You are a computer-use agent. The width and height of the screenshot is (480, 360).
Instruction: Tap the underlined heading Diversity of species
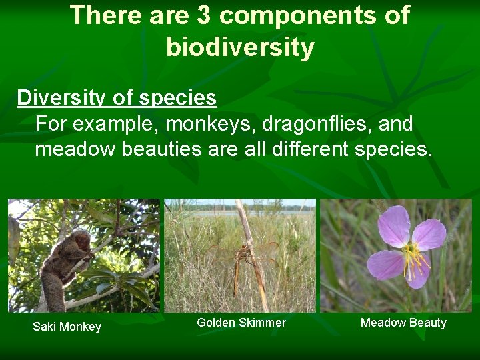pyautogui.click(x=117, y=98)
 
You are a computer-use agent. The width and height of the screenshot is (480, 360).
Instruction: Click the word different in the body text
pyautogui.click(x=309, y=149)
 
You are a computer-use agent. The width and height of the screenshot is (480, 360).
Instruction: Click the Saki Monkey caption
pyautogui.click(x=67, y=327)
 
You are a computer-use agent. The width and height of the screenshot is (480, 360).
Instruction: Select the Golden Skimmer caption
pyautogui.click(x=241, y=323)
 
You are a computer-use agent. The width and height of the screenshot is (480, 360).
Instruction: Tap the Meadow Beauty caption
pyautogui.click(x=403, y=323)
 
